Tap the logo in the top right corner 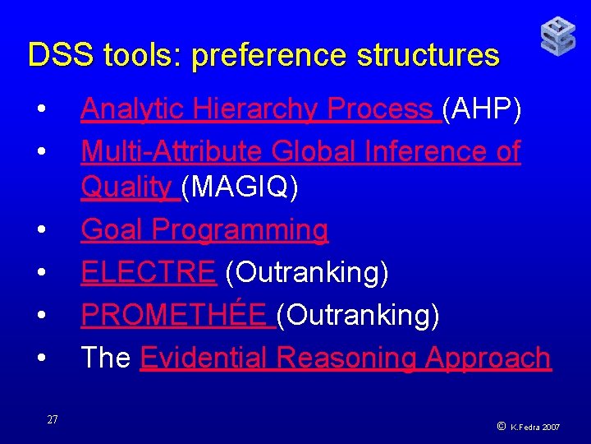[x=558, y=37]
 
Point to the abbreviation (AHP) [x=481, y=109]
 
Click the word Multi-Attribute [x=172, y=151]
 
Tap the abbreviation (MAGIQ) [x=240, y=188]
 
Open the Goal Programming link [x=204, y=230]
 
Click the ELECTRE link [x=148, y=272]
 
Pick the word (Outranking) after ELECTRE [x=306, y=272]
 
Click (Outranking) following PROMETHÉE [x=358, y=314]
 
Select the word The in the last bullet [x=105, y=358]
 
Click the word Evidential [x=205, y=358]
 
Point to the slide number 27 [x=53, y=420]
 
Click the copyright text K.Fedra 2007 [x=534, y=428]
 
